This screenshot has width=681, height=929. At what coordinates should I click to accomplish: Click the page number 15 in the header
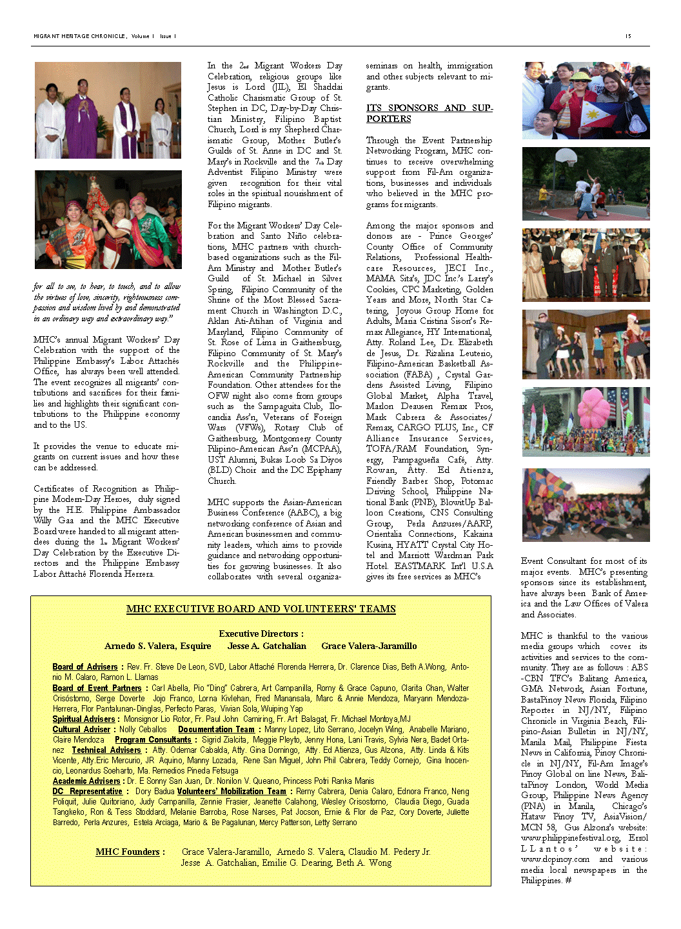[x=628, y=36]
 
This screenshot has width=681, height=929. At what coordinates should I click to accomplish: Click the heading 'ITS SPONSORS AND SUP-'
[x=429, y=108]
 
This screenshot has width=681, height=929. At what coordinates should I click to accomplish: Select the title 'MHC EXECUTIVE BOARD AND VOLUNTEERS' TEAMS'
[x=261, y=609]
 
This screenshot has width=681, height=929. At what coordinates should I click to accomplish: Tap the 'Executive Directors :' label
[x=261, y=634]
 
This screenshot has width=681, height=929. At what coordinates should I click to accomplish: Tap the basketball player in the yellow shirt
[x=583, y=188]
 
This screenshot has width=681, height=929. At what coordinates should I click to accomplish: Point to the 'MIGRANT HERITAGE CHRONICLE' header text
[x=80, y=36]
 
